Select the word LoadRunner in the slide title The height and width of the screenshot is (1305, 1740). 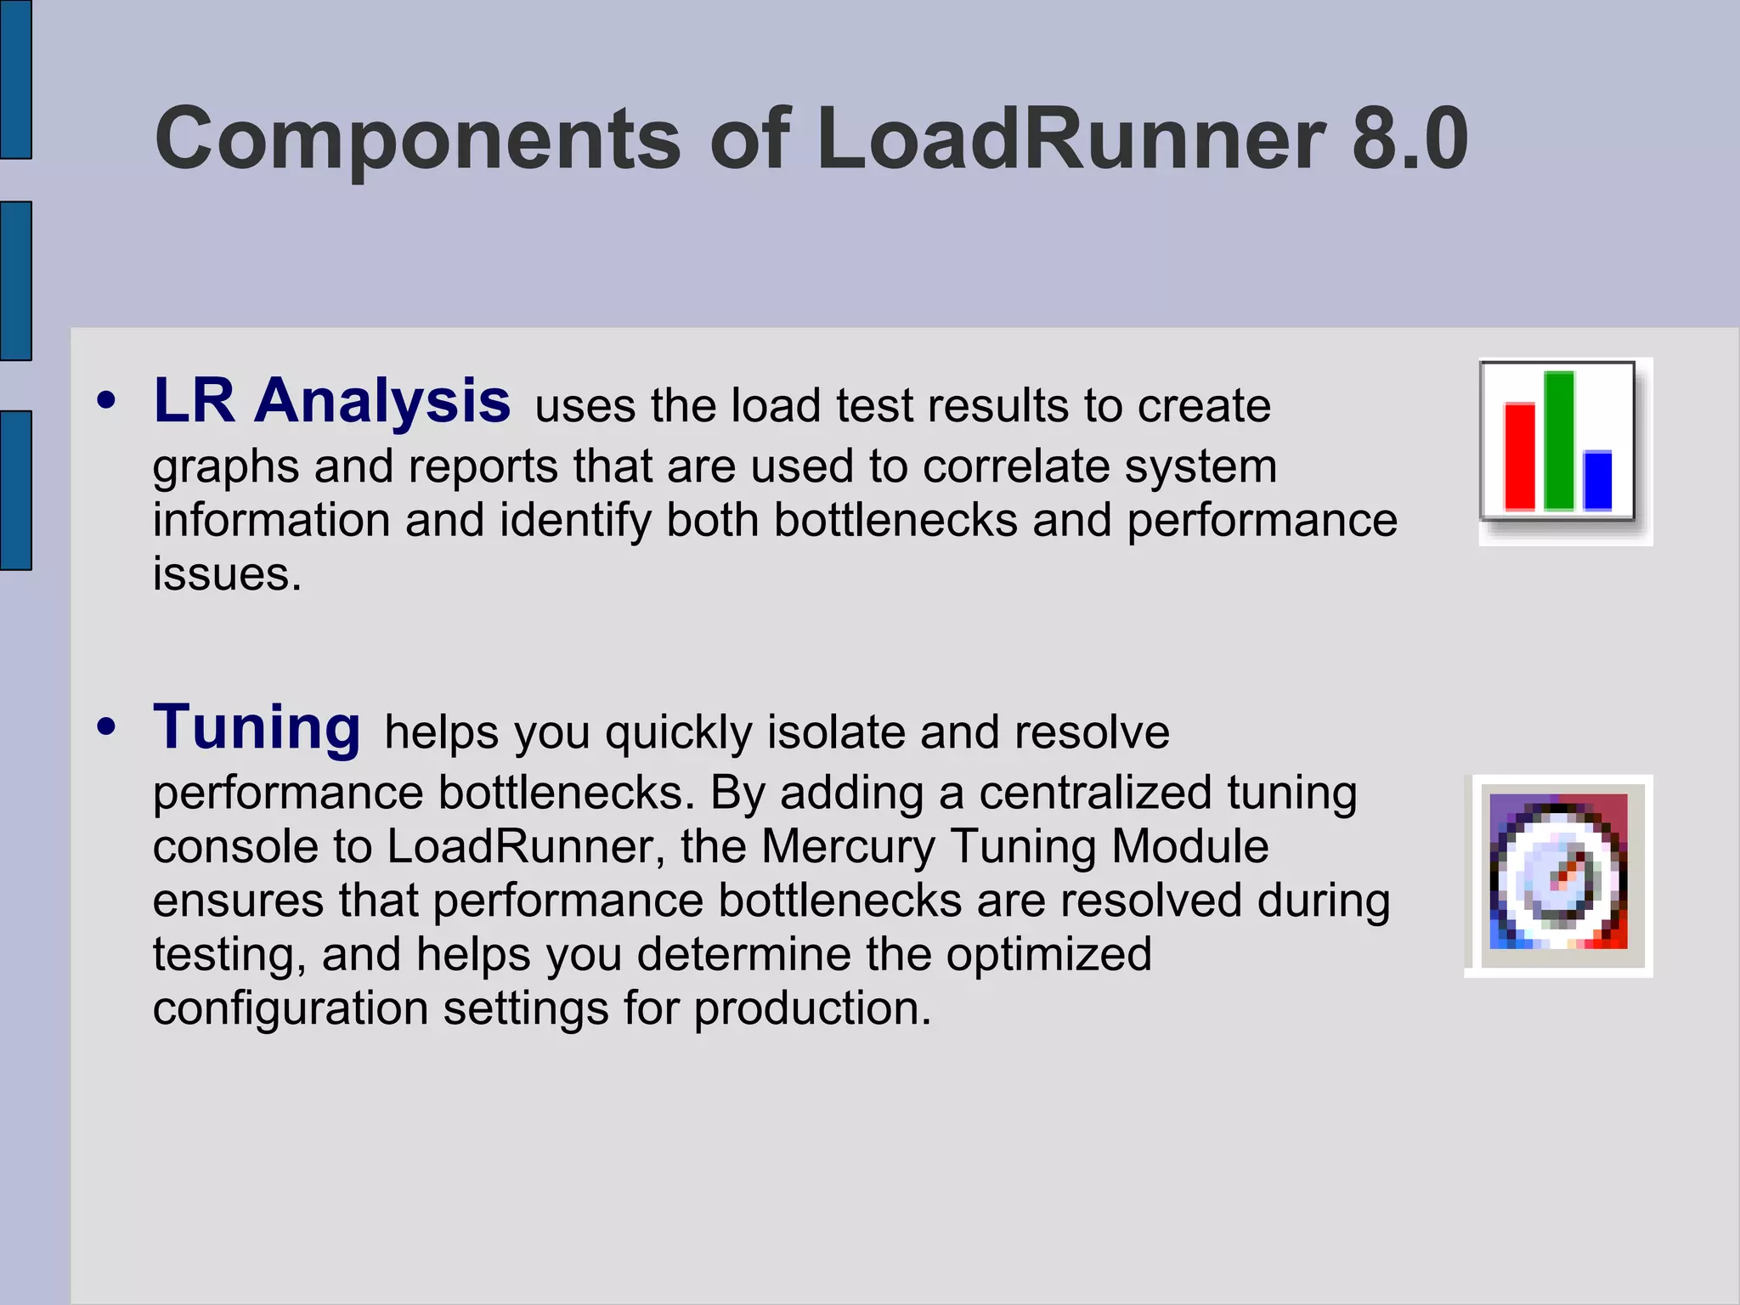click(x=1070, y=138)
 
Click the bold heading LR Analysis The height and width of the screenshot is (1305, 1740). click(x=331, y=400)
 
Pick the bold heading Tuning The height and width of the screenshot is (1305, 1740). click(x=257, y=727)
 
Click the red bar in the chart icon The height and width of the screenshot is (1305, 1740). click(x=1519, y=456)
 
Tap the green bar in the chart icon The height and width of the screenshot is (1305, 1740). click(x=1558, y=440)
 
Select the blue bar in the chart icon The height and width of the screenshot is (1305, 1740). click(x=1597, y=480)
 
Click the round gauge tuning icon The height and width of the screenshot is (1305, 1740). click(x=1558, y=875)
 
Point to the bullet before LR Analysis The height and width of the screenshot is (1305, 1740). click(x=106, y=401)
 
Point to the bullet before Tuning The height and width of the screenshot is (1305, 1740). click(x=106, y=728)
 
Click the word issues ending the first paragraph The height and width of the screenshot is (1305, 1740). click(x=227, y=575)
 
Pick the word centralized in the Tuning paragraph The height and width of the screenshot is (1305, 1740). click(x=1095, y=794)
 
